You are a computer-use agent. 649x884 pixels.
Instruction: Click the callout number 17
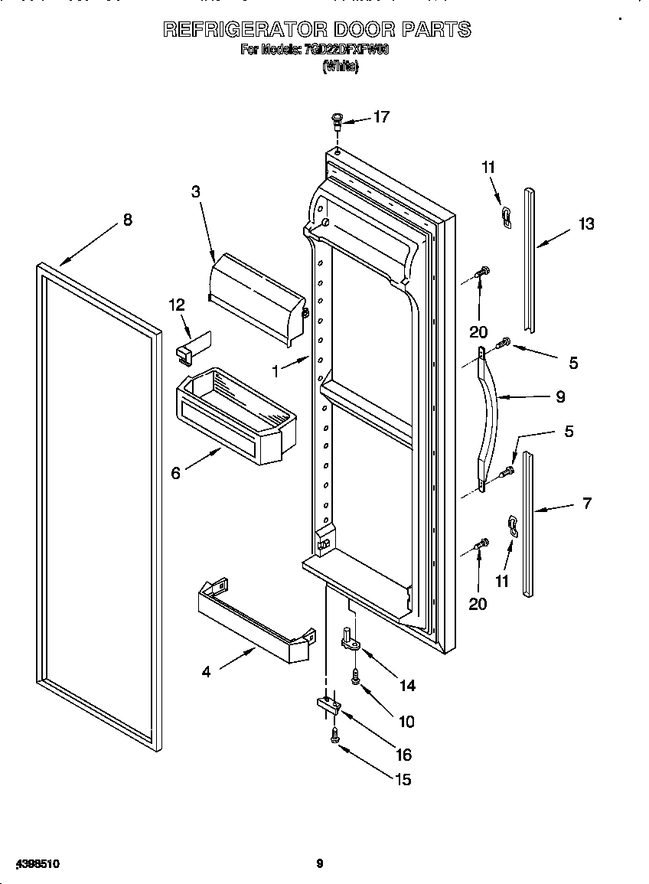381,117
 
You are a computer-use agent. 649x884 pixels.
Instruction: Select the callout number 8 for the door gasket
127,220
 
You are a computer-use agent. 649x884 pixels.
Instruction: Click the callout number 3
196,192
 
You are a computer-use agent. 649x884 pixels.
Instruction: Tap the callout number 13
585,224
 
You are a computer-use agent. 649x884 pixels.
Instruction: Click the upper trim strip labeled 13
529,256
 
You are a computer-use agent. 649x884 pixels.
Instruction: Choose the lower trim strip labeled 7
527,524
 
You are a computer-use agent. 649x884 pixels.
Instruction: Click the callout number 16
403,755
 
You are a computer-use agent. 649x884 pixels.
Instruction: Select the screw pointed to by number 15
334,736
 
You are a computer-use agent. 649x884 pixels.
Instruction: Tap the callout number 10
406,721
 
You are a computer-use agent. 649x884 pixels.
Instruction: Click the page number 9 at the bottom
320,864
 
